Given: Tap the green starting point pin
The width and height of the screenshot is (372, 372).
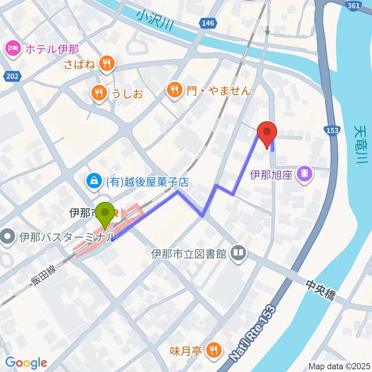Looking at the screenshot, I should click(x=105, y=214).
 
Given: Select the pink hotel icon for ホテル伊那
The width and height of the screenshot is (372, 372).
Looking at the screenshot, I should click(x=13, y=49).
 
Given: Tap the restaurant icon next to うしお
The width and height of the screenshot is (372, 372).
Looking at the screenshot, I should click(x=99, y=93).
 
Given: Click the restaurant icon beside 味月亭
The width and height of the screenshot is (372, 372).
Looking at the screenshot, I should click(x=213, y=351).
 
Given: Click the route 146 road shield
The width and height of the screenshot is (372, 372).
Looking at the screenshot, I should click(x=208, y=24).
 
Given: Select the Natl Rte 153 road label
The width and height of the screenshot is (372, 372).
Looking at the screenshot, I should click(x=254, y=334).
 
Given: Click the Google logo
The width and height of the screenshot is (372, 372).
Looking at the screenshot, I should click(x=26, y=363).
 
